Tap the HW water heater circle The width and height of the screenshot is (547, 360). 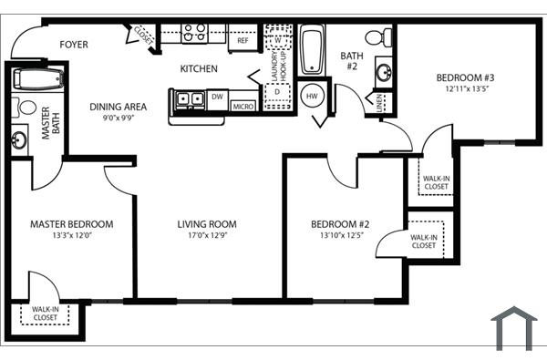(313, 96)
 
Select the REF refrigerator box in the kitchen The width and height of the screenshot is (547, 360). (243, 40)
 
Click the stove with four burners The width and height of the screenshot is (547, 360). (194, 34)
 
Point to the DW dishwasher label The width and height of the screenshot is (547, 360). (217, 95)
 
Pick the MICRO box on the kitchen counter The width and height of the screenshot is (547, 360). (243, 106)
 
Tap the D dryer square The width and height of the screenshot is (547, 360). (276, 92)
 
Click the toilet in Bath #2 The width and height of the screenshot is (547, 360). (378, 37)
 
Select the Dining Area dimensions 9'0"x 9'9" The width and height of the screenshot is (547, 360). (119, 118)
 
